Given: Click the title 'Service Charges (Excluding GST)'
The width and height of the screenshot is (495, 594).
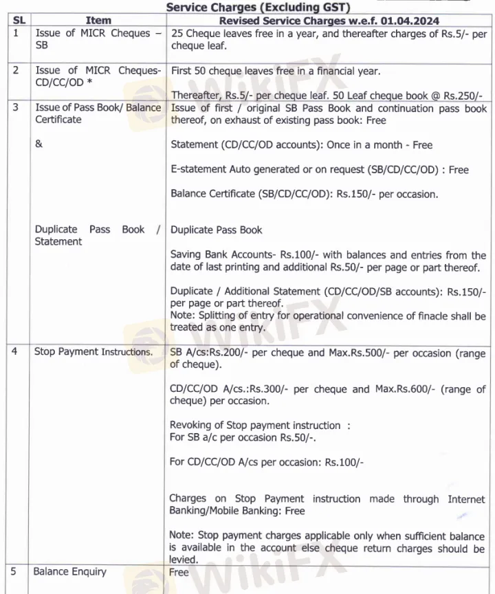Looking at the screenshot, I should coord(258,8).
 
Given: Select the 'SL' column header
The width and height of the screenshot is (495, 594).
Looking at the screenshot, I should coord(19,21).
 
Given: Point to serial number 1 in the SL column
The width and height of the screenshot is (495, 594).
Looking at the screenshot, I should coord(16,33).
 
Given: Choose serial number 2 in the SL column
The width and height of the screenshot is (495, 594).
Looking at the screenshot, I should coord(16,70).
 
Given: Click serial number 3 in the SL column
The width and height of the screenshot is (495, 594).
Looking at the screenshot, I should coord(16,108).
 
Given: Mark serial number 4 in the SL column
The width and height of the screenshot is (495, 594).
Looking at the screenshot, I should coord(16,352).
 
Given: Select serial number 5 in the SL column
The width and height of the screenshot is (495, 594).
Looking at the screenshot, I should coord(16,572).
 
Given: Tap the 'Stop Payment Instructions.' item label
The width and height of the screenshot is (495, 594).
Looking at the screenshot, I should coord(93,352).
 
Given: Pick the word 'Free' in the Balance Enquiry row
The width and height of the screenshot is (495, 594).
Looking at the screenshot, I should coord(179,572).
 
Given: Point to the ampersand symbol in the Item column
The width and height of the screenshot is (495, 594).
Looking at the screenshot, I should coord(38,145).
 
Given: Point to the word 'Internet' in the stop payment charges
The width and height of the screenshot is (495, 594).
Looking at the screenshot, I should coord(466,498).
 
